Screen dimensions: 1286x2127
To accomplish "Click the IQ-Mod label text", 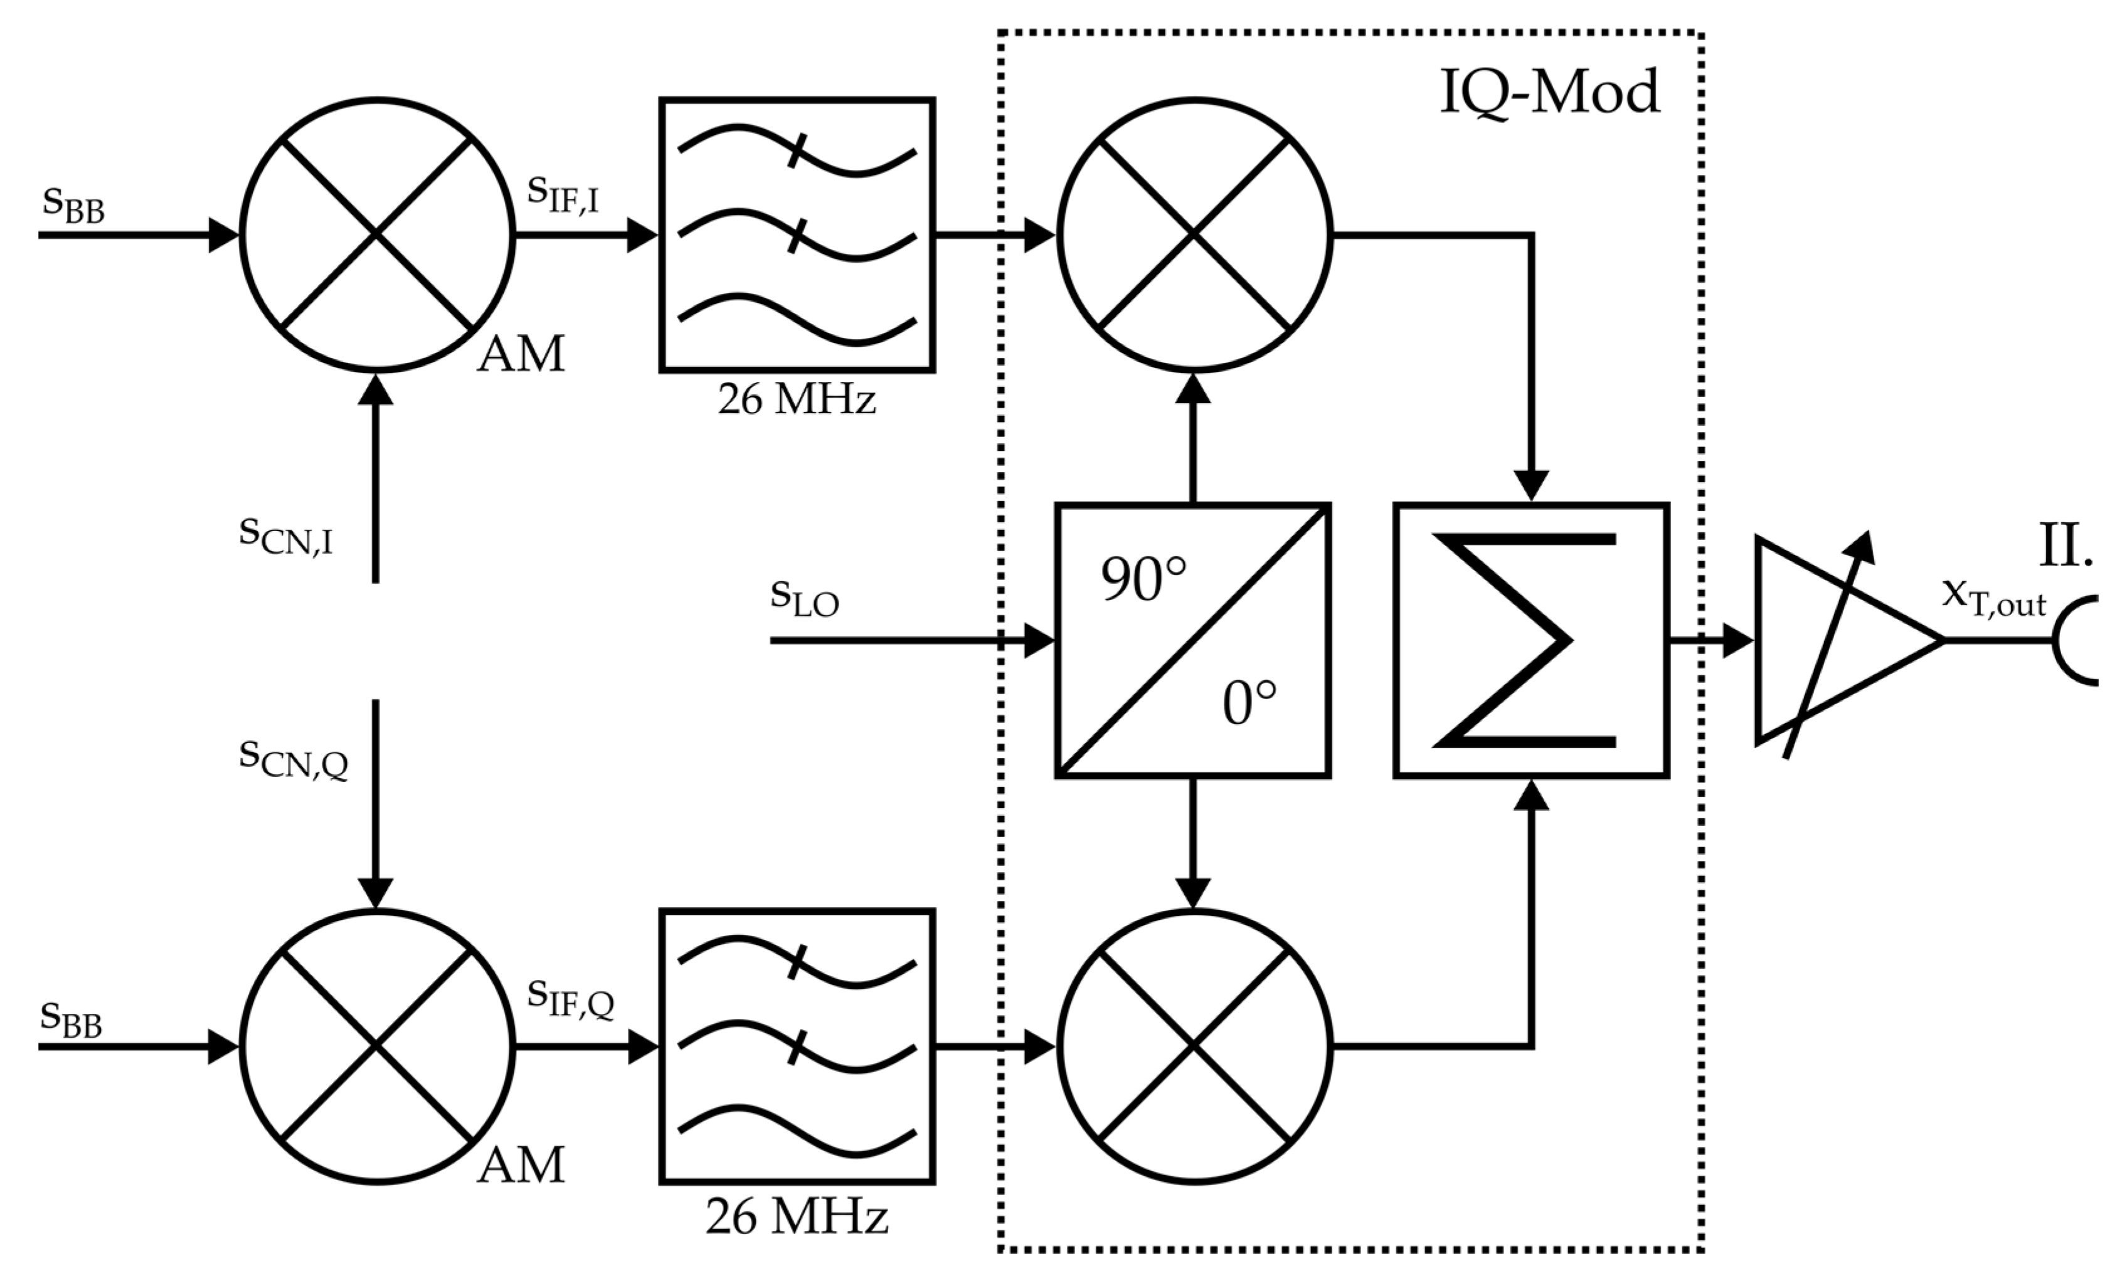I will pyautogui.click(x=1549, y=93).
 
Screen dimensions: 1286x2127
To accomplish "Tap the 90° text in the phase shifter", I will pyautogui.click(x=1143, y=579).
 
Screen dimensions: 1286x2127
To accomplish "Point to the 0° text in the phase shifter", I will pyautogui.click(x=1249, y=704).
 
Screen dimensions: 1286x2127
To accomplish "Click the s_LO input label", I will pyautogui.click(x=804, y=598).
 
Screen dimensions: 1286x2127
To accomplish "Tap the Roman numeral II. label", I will pyautogui.click(x=2066, y=546).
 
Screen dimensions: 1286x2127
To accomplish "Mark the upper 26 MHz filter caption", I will pyautogui.click(x=796, y=399).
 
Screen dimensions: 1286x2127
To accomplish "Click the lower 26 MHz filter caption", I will pyautogui.click(x=796, y=1218).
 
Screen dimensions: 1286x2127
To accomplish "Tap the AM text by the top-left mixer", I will pyautogui.click(x=521, y=354).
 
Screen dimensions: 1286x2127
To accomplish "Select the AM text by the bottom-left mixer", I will pyautogui.click(x=521, y=1165).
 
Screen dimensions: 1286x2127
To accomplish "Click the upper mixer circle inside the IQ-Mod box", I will pyautogui.click(x=1195, y=235).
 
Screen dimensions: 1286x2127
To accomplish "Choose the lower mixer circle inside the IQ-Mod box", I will pyautogui.click(x=1195, y=1047).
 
